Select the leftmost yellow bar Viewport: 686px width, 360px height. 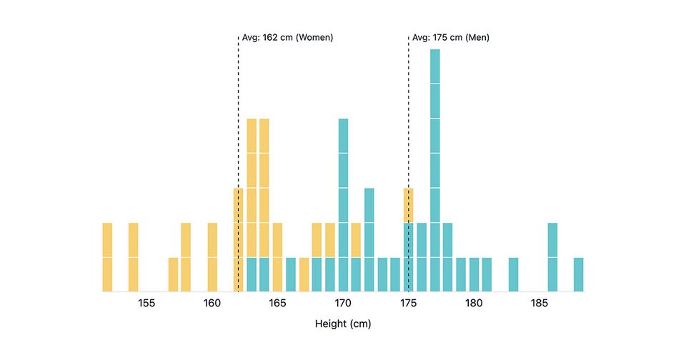pos(107,257)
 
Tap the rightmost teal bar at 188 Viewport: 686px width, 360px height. pos(579,274)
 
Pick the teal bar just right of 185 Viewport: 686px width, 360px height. pos(552,257)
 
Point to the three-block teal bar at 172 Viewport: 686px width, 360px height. pos(369,239)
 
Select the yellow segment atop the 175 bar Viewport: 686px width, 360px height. pos(409,205)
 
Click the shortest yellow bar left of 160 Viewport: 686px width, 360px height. pos(173,274)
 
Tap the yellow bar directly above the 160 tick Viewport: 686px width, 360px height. pos(212,257)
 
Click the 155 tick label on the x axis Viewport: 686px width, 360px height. pos(146,303)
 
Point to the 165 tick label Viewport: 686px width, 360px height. pos(277,303)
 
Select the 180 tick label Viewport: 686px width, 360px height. pos(474,303)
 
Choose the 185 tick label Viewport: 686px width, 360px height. pos(540,303)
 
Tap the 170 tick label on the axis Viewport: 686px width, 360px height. pos(343,303)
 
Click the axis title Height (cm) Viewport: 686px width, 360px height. pos(343,324)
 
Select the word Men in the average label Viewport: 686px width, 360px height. pos(477,37)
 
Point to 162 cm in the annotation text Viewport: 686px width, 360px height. pos(281,37)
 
